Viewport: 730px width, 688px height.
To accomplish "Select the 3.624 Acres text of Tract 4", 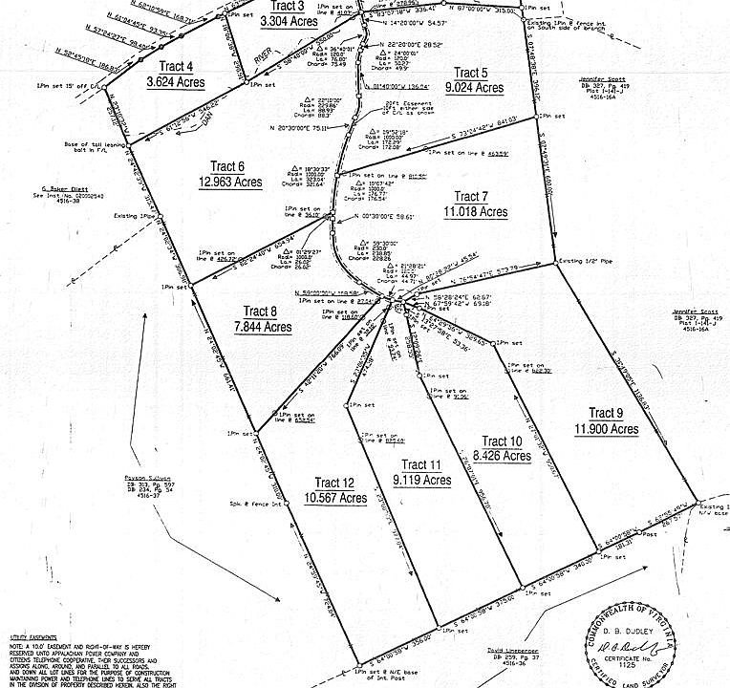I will [169, 83].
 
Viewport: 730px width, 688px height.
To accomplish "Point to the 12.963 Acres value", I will [230, 182].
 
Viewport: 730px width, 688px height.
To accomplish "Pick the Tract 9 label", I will [606, 413].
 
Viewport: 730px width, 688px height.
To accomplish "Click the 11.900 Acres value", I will [606, 429].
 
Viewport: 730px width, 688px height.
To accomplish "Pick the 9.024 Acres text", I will [477, 88].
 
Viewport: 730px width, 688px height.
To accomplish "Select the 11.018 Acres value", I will [475, 211].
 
